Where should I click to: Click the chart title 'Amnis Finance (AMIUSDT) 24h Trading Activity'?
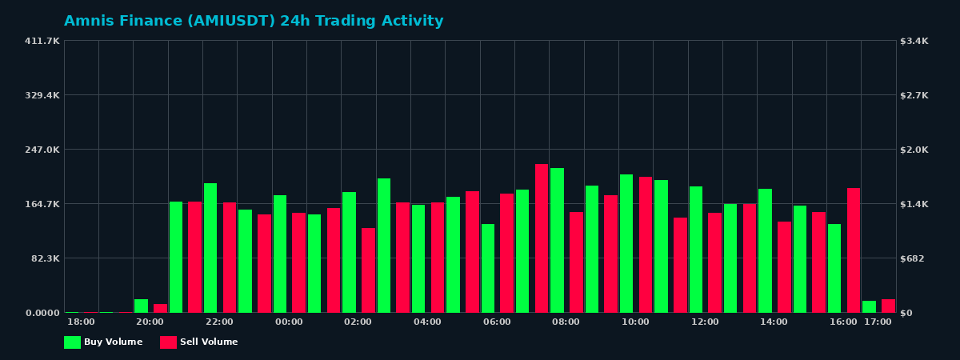point(254,22)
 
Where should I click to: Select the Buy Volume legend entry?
point(104,342)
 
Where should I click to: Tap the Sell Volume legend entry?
point(199,342)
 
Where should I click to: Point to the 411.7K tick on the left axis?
point(42,41)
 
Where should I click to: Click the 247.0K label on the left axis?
point(42,150)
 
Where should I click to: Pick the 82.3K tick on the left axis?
point(44,258)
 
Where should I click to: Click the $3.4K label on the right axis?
point(914,41)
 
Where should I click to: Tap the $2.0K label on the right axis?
point(914,150)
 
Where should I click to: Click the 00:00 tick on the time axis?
point(289,322)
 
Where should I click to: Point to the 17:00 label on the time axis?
point(878,322)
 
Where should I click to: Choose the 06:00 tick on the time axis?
point(497,322)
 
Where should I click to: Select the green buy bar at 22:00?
point(210,248)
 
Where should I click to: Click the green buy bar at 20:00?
point(141,306)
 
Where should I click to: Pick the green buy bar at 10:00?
point(626,243)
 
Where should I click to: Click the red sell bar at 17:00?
point(888,306)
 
